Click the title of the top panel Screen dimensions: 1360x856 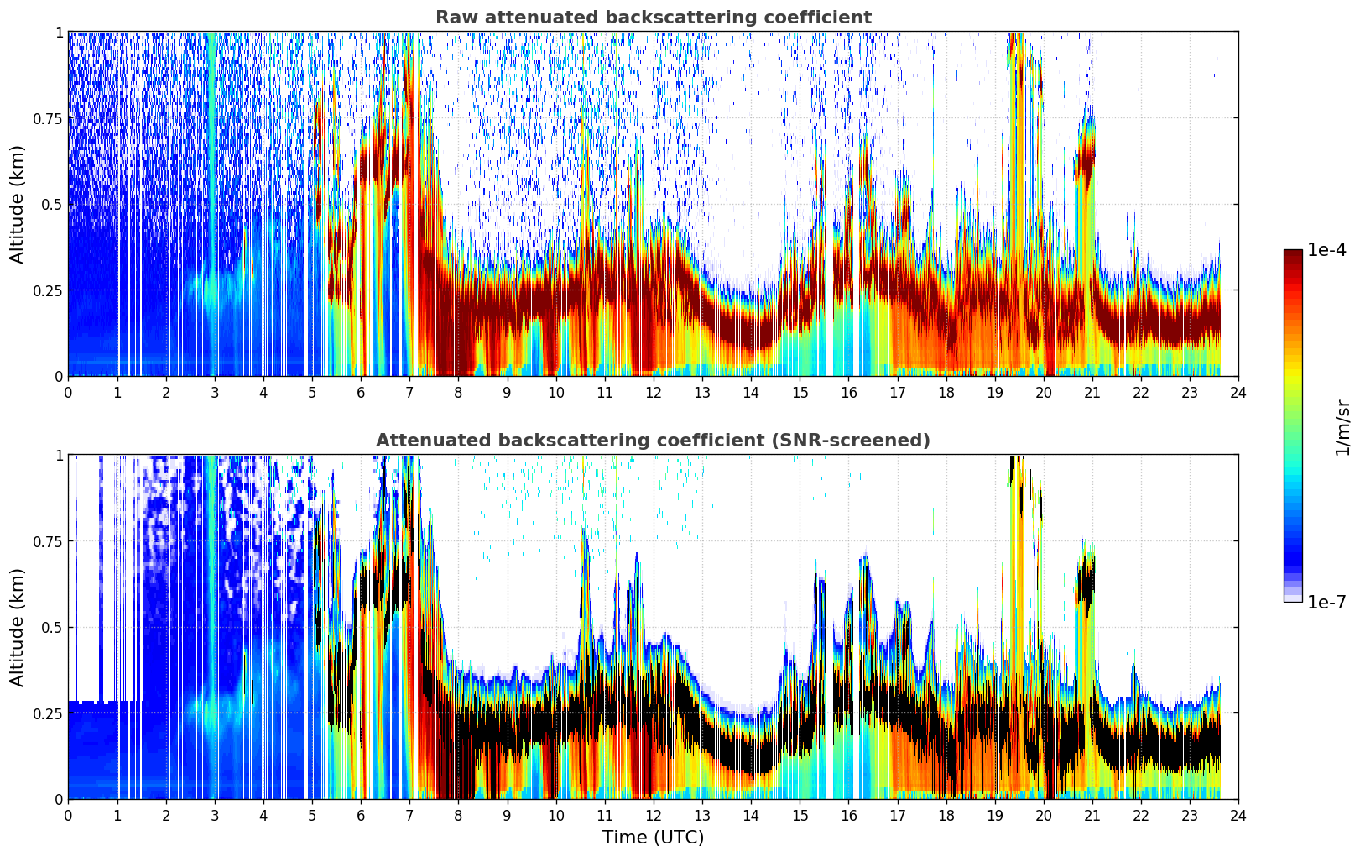click(654, 17)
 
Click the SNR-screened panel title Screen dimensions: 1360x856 click(654, 440)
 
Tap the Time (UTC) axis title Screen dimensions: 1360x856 click(654, 838)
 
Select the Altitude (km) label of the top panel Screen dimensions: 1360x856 click(17, 205)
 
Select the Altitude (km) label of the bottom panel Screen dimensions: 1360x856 click(17, 628)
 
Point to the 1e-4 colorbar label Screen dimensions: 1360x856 click(1326, 250)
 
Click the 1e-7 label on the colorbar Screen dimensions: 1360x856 click(1326, 603)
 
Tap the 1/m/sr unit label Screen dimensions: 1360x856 click(1342, 427)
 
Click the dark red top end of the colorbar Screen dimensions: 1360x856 click(1293, 253)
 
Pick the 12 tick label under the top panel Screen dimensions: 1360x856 click(654, 393)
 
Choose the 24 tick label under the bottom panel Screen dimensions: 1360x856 click(1238, 816)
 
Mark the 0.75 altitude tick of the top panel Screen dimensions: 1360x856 click(48, 118)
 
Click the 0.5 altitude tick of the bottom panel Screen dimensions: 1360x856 click(52, 628)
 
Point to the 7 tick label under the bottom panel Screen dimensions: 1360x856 click(409, 816)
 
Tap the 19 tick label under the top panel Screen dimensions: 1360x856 click(994, 393)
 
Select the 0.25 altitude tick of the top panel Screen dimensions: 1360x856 click(48, 290)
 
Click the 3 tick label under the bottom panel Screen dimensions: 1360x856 click(214, 816)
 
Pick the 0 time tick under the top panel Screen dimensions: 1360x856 click(68, 393)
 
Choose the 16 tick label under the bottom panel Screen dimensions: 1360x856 click(848, 816)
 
